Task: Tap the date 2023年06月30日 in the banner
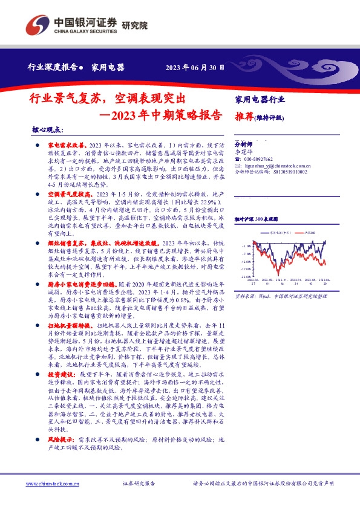pyautogui.click(x=195, y=68)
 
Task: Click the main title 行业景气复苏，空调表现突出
pyautogui.click(x=108, y=98)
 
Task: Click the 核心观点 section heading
pyautogui.click(x=47, y=131)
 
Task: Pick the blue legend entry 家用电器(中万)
pyautogui.click(x=275, y=232)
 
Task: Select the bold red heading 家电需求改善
pyautogui.click(x=67, y=147)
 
